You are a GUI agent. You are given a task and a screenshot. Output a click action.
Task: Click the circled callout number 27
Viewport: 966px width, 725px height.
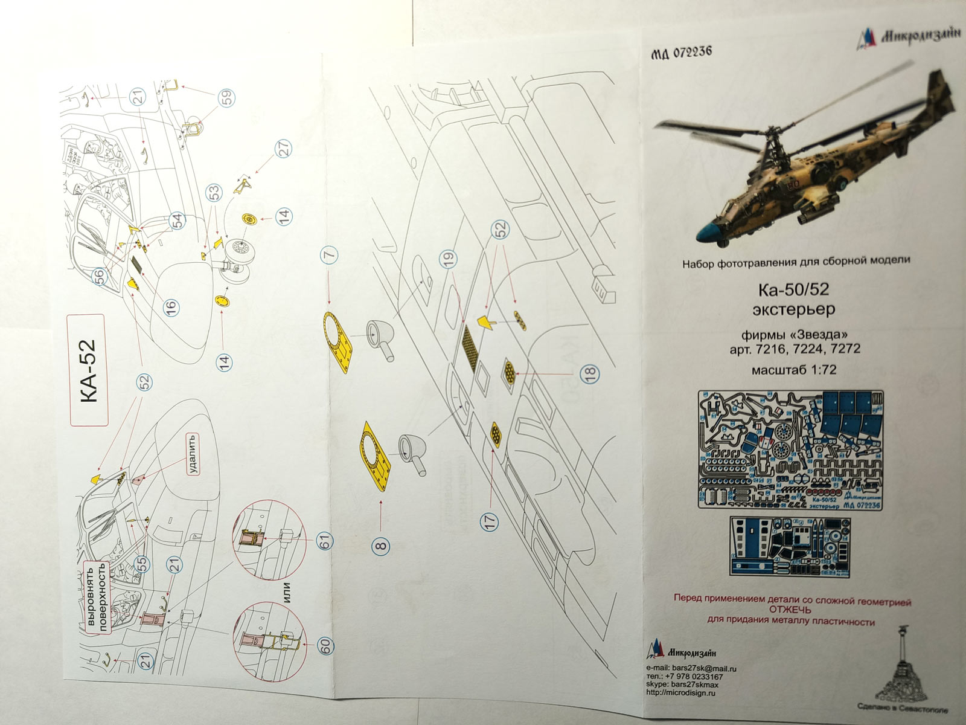click(283, 148)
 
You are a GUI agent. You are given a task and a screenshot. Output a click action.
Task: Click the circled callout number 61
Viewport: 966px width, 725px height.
click(327, 539)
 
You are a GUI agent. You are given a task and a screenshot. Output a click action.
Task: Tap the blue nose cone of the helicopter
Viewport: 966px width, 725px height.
click(712, 233)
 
